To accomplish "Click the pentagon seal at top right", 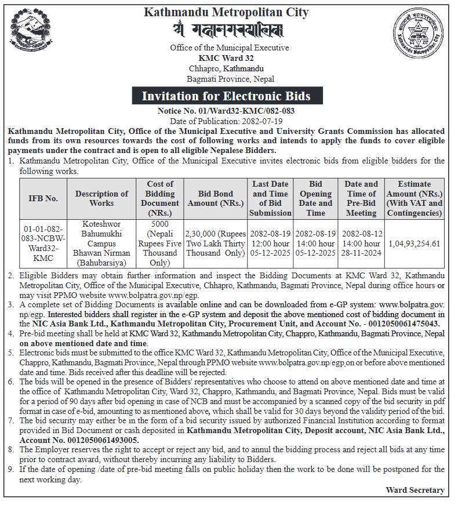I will (x=420, y=32).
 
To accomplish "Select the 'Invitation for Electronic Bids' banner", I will (x=226, y=96).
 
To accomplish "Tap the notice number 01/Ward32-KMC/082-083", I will (x=230, y=111).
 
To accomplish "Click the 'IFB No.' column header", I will (x=43, y=198).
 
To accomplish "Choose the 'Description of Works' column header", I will (x=101, y=198).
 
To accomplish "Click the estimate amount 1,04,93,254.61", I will (x=415, y=244).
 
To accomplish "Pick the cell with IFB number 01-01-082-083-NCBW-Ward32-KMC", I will (x=43, y=244).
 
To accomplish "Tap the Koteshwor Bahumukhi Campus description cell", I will (x=101, y=244).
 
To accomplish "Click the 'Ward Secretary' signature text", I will (x=415, y=490).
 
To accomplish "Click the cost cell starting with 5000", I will (x=159, y=244).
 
